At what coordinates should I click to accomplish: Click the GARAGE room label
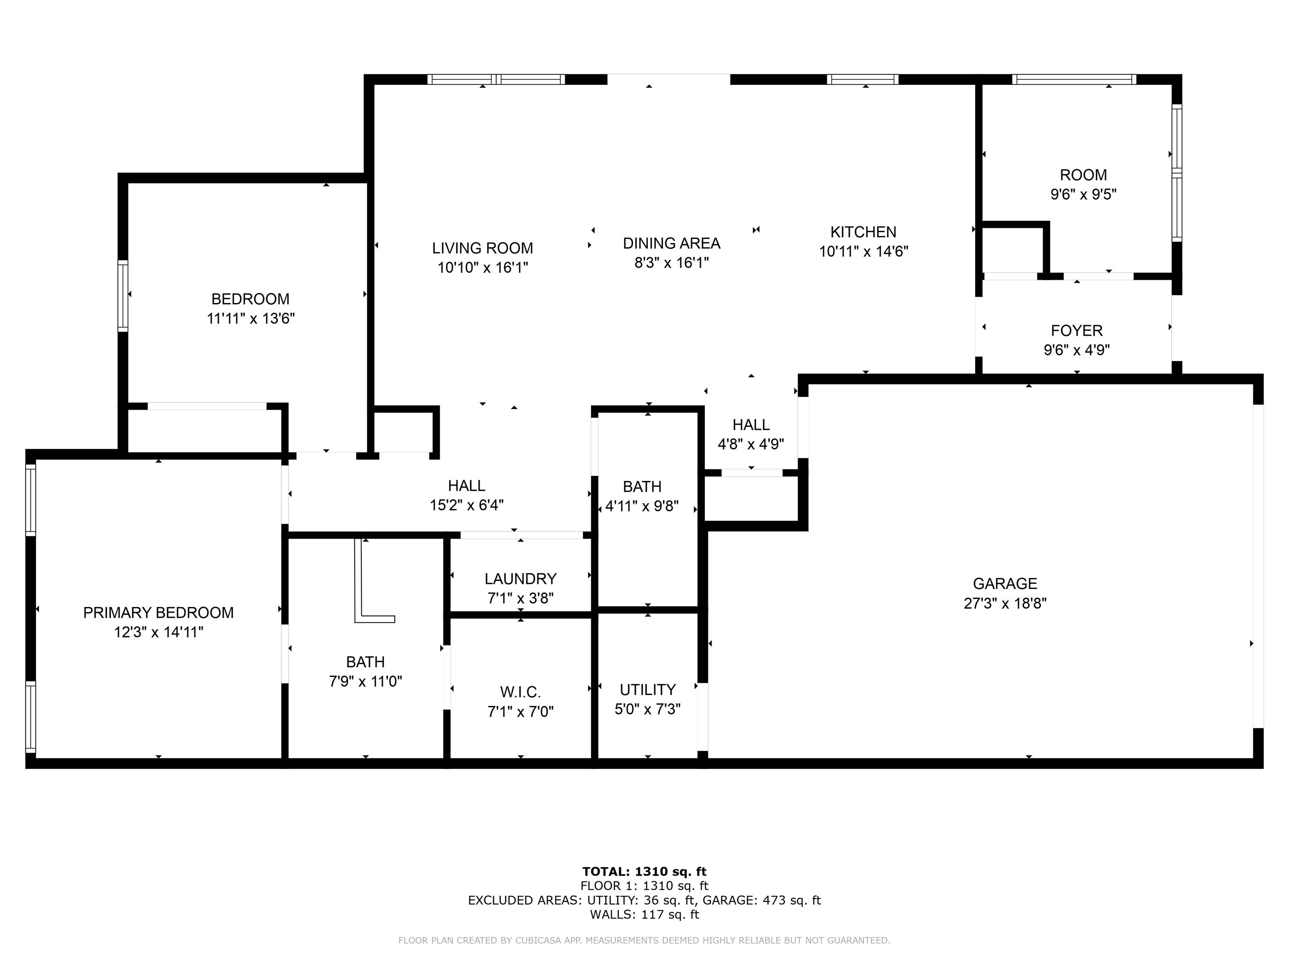coord(1005,583)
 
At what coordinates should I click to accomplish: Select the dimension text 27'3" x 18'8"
coord(1005,603)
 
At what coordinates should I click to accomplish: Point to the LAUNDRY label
coord(520,579)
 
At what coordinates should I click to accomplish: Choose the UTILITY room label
coord(647,690)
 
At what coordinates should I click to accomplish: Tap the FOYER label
coord(1076,330)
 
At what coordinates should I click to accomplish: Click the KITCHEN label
coord(863,232)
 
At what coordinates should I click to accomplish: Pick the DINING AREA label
coord(671,243)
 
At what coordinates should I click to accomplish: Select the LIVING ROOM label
coord(482,248)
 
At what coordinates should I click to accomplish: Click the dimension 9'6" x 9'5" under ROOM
coord(1083,194)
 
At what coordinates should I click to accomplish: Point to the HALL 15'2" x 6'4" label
coord(466,486)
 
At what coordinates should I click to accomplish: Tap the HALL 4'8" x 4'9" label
coord(751,425)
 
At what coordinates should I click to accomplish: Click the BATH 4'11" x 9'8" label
coord(642,487)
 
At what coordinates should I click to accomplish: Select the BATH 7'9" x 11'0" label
coord(365,662)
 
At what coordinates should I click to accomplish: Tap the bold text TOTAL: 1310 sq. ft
coord(644,871)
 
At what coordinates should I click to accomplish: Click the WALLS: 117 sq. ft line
coord(644,915)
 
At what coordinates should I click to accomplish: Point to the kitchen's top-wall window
coord(862,79)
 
